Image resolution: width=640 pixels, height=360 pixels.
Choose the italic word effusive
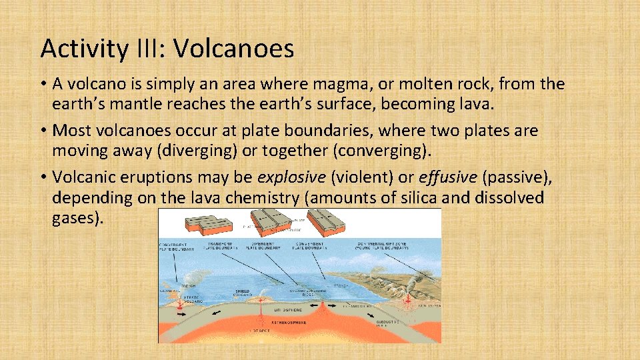(447, 179)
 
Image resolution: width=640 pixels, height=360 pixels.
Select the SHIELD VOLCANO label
(243, 293)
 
